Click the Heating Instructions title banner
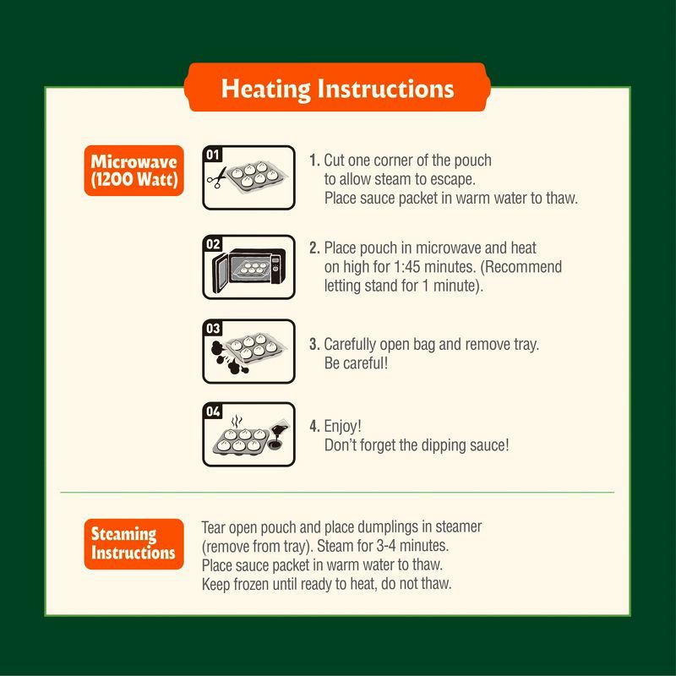(337, 88)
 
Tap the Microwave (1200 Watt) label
(134, 171)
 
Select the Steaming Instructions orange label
(134, 543)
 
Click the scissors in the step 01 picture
(217, 177)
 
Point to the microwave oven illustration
(248, 268)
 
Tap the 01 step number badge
(213, 155)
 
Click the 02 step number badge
(213, 244)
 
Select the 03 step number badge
(213, 329)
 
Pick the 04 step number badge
(213, 412)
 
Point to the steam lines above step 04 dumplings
(237, 421)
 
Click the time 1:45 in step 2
(406, 267)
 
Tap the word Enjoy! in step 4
(342, 427)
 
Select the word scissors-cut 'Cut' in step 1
(335, 161)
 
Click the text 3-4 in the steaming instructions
(386, 546)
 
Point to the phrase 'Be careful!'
(356, 363)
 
